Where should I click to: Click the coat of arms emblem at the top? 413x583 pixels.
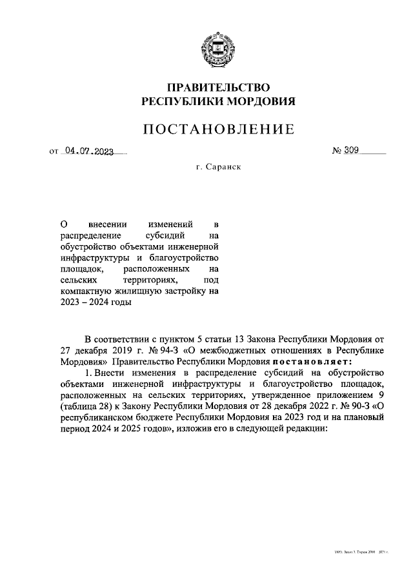pyautogui.click(x=218, y=47)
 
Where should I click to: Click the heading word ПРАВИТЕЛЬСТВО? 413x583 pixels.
pyautogui.click(x=218, y=88)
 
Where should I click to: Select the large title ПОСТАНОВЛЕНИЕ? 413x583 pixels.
pyautogui.click(x=218, y=130)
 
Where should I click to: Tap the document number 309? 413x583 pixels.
pyautogui.click(x=352, y=152)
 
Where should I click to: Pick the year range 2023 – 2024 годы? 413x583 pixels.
pyautogui.click(x=95, y=303)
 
